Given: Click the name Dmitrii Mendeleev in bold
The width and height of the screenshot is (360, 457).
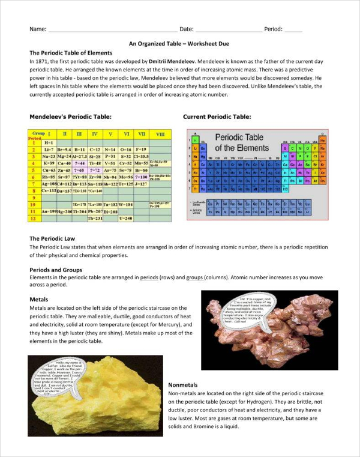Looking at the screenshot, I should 170,61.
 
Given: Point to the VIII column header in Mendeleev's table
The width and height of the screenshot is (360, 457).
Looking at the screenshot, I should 160,133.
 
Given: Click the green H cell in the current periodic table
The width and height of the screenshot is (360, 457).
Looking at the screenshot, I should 194,139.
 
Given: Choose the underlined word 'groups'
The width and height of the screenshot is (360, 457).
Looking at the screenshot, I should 194,277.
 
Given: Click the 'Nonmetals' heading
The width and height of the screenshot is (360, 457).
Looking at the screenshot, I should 184,384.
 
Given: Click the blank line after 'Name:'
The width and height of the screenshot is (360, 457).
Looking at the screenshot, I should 111,29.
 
